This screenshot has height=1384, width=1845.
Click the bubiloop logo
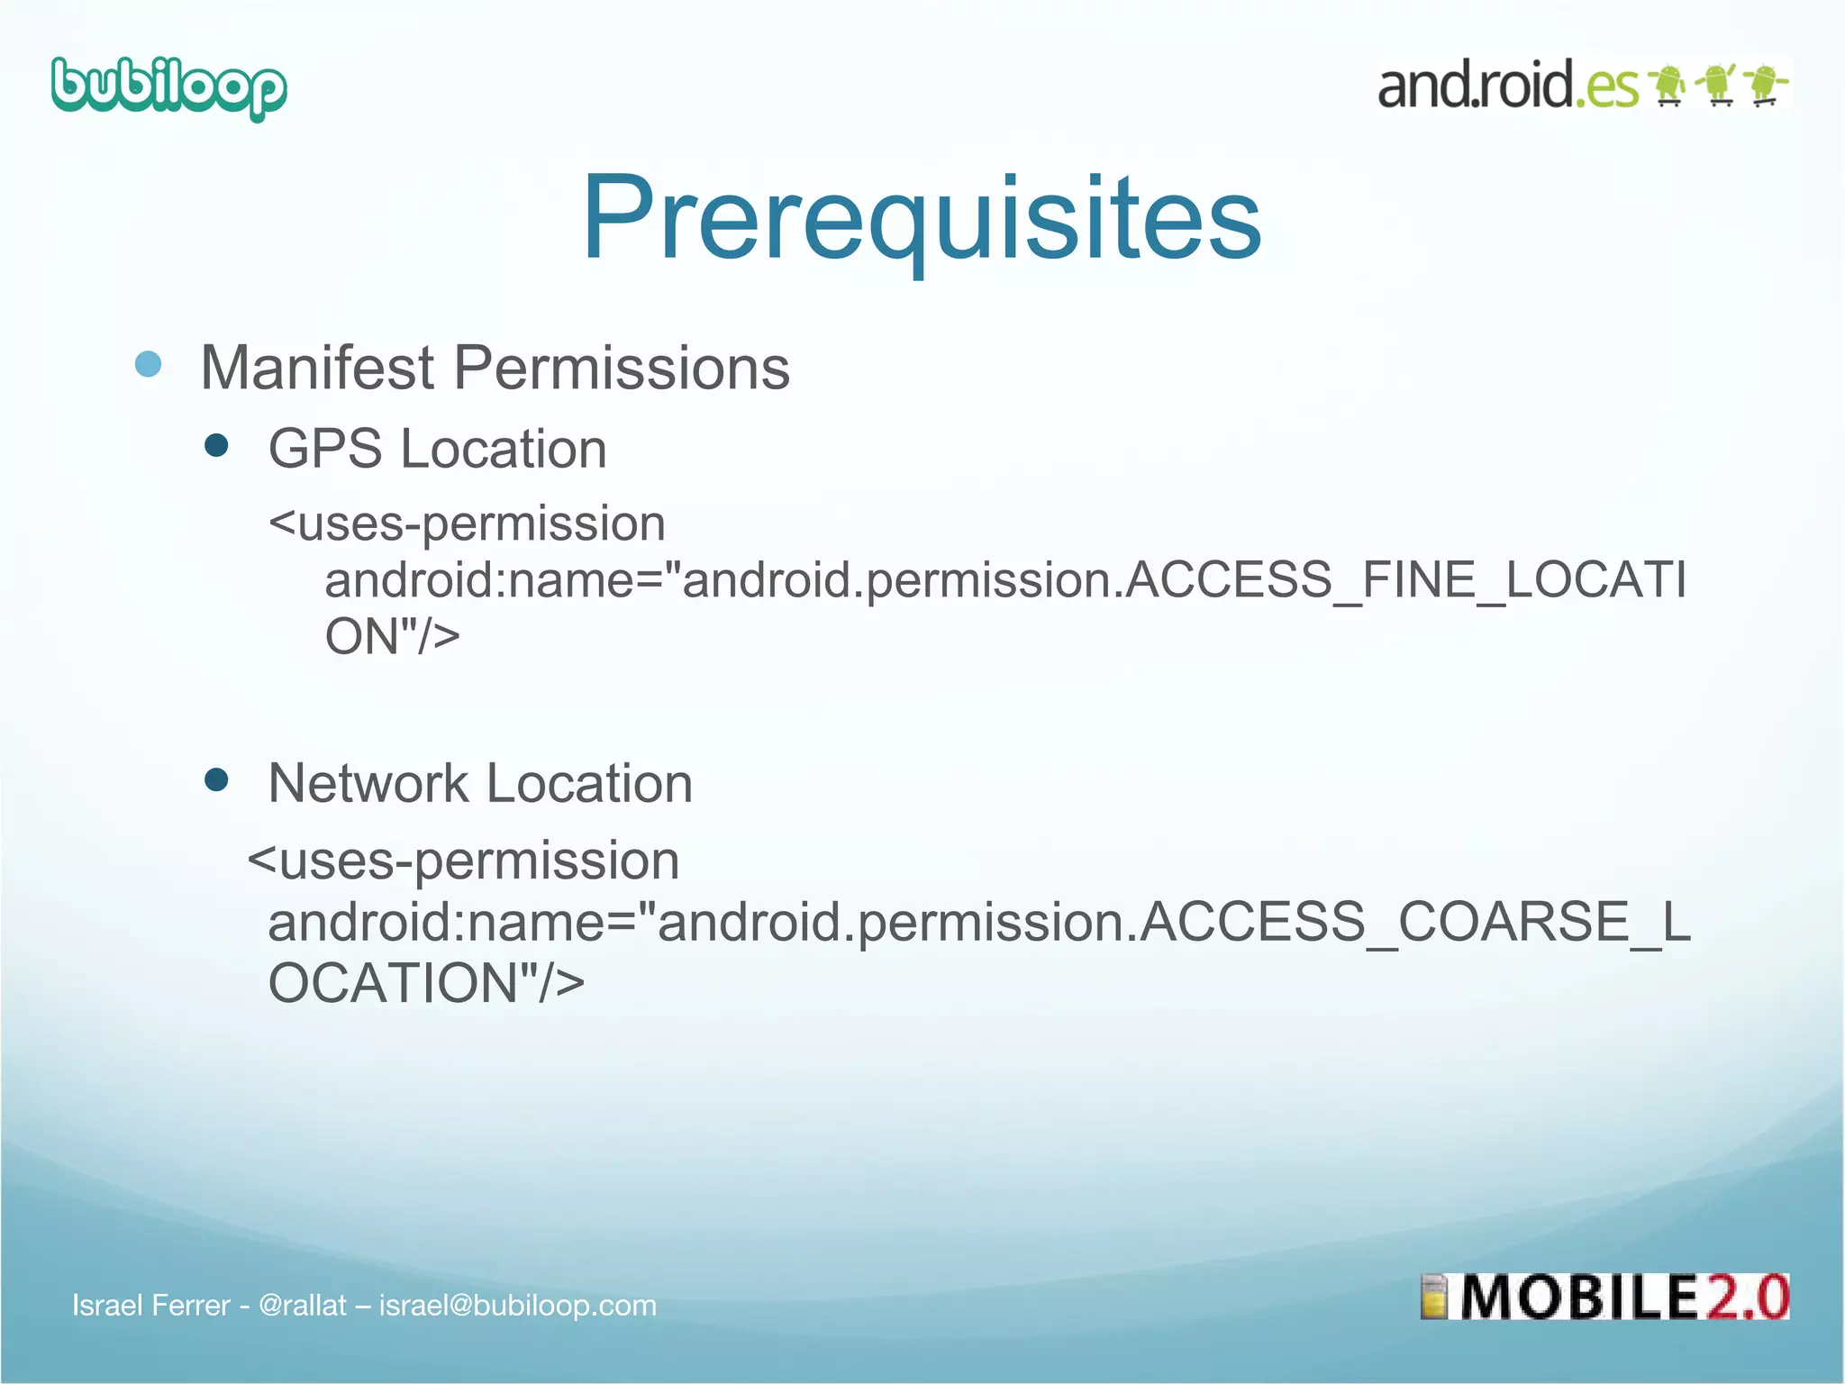(169, 88)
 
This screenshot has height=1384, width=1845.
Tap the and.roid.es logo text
(1507, 86)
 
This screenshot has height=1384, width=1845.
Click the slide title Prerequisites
(922, 218)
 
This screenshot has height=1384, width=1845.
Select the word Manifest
(317, 368)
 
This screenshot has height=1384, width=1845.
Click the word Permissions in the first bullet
(621, 368)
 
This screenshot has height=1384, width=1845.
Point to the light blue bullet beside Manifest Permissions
(148, 364)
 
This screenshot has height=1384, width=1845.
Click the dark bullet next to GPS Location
(216, 445)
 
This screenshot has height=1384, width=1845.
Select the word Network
(368, 783)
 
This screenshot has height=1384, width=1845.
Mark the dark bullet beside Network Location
(216, 779)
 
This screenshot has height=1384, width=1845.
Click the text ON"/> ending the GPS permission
(392, 636)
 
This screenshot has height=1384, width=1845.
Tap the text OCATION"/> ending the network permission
(426, 982)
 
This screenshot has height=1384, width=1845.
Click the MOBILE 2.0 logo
(1604, 1297)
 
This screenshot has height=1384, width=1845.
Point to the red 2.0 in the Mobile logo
(1744, 1297)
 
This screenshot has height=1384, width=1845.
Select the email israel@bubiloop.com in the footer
(517, 1305)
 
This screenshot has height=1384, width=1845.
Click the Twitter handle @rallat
(302, 1305)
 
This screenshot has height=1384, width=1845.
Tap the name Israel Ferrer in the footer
(151, 1305)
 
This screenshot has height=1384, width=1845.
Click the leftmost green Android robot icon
(1668, 86)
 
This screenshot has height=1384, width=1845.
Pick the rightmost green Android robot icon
(1766, 86)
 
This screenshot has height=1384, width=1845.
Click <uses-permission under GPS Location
(467, 524)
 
